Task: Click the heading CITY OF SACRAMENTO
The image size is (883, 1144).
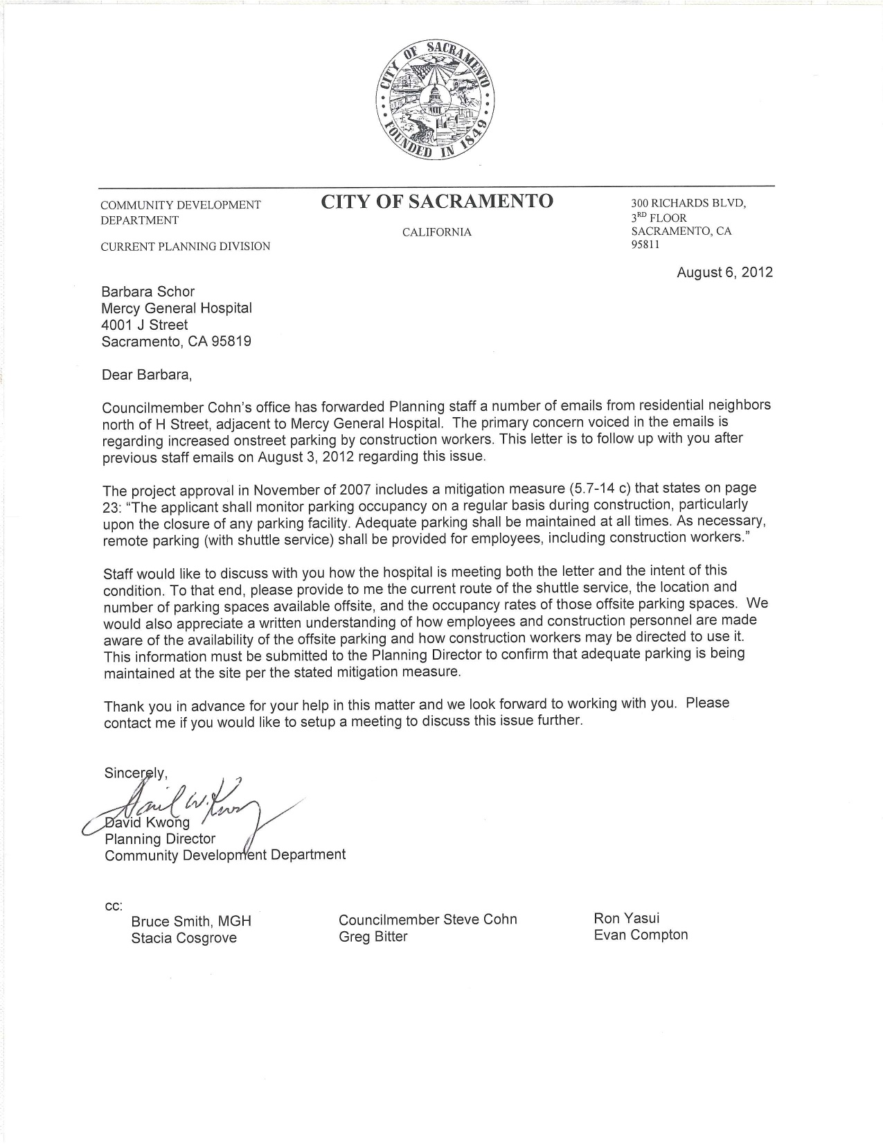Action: (x=436, y=202)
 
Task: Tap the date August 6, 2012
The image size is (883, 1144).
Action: (x=724, y=272)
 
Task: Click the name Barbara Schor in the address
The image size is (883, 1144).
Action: (x=148, y=292)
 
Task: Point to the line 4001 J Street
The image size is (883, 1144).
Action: (x=144, y=324)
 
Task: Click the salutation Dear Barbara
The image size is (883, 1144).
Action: (x=145, y=375)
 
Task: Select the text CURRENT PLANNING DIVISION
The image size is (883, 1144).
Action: (x=185, y=247)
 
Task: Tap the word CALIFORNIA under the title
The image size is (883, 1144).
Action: (x=436, y=232)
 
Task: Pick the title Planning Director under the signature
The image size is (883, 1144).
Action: (x=160, y=838)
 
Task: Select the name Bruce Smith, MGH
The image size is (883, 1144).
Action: (x=191, y=922)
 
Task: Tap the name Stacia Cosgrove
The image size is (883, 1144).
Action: (x=184, y=938)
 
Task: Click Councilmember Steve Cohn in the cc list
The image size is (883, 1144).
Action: (x=427, y=919)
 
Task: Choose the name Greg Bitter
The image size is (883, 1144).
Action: (x=373, y=937)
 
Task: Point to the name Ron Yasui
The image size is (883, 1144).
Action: (x=626, y=918)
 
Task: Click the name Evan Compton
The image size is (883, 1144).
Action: (x=641, y=935)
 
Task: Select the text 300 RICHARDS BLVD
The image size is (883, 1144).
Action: (x=688, y=204)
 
